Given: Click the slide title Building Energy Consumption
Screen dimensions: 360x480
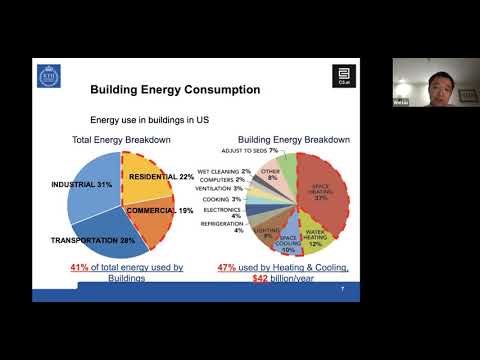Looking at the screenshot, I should point(175,90).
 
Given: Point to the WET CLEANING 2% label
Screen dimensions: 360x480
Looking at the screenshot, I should point(224,171).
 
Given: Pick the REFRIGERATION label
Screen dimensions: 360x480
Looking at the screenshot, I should point(219,226).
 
